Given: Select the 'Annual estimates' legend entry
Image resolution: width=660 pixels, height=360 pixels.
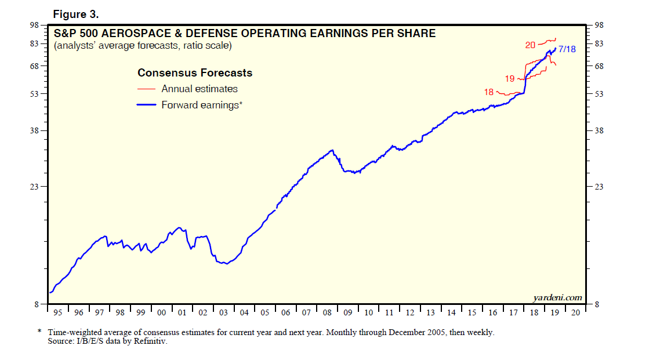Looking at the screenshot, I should pyautogui.click(x=200, y=89).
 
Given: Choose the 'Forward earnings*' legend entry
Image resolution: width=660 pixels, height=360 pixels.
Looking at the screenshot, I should pyautogui.click(x=202, y=105).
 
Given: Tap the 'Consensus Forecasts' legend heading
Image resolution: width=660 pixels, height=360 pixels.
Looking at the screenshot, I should pyautogui.click(x=195, y=73).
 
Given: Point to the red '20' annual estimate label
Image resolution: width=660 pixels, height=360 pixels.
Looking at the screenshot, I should pyautogui.click(x=530, y=45).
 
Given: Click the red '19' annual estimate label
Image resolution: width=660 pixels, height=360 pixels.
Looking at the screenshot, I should pyautogui.click(x=510, y=78).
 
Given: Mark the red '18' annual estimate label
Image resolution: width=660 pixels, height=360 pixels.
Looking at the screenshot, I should pyautogui.click(x=488, y=92).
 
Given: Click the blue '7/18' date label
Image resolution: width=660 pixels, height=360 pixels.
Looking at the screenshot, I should pyautogui.click(x=567, y=50).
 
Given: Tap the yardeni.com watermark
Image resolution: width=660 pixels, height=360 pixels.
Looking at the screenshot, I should pyautogui.click(x=557, y=297).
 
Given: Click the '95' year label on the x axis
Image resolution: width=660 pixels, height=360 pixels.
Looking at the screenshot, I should pyautogui.click(x=58, y=312).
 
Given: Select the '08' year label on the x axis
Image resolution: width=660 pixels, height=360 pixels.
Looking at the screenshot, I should pyautogui.click(x=327, y=312).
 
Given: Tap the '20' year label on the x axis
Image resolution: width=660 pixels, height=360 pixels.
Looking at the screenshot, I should pyautogui.click(x=575, y=312).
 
